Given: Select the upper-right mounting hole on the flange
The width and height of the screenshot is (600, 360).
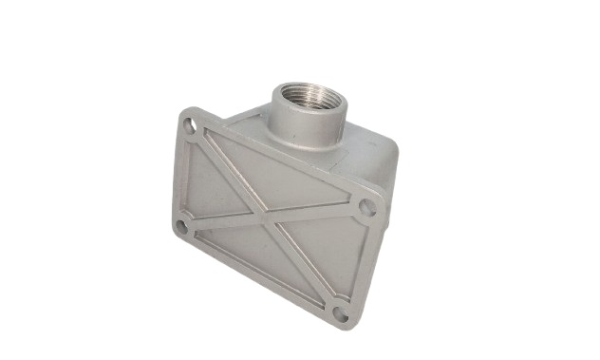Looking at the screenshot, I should pyautogui.click(x=366, y=207).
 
